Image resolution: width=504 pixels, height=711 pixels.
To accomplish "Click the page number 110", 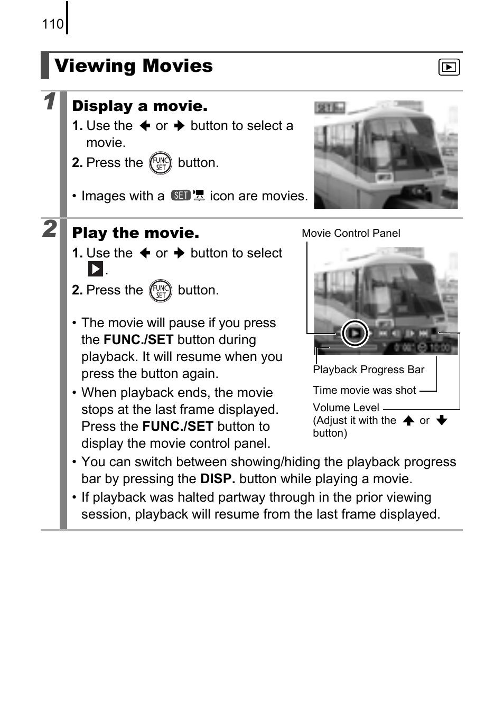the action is pyautogui.click(x=52, y=24).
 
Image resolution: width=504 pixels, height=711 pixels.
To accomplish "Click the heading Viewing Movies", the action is pyautogui.click(x=134, y=66).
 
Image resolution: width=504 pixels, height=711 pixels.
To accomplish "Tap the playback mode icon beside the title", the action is pyautogui.click(x=449, y=67).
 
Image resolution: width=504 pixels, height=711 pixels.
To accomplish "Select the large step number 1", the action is pyautogui.click(x=49, y=101).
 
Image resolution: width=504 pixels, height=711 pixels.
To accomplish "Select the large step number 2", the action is pyautogui.click(x=49, y=228).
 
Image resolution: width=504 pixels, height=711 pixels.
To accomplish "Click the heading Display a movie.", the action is pyautogui.click(x=139, y=106).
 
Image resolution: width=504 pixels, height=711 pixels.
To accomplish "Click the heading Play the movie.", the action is pyautogui.click(x=135, y=233).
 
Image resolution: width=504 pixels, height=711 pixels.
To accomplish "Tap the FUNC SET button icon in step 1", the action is pyautogui.click(x=160, y=163).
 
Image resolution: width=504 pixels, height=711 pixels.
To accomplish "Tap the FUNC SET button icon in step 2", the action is pyautogui.click(x=160, y=291).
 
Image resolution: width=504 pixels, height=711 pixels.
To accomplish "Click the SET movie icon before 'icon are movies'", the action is pyautogui.click(x=188, y=196).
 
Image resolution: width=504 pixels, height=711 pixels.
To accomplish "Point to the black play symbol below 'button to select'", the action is pyautogui.click(x=95, y=270).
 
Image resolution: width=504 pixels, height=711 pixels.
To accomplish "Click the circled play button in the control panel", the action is pyautogui.click(x=354, y=334).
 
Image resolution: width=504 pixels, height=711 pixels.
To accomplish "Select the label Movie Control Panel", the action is pyautogui.click(x=351, y=233).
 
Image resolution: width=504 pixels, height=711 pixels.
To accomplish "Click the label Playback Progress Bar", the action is pyautogui.click(x=368, y=370).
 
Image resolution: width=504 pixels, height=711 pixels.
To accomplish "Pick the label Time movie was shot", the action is pyautogui.click(x=364, y=390).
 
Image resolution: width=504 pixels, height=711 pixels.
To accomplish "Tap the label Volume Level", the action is pyautogui.click(x=346, y=408).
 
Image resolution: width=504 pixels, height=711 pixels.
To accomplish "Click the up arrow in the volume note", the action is pyautogui.click(x=408, y=421).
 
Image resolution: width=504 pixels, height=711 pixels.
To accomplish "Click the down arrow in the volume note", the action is pyautogui.click(x=442, y=421).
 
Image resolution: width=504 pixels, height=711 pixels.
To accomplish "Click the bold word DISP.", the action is pyautogui.click(x=217, y=479).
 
